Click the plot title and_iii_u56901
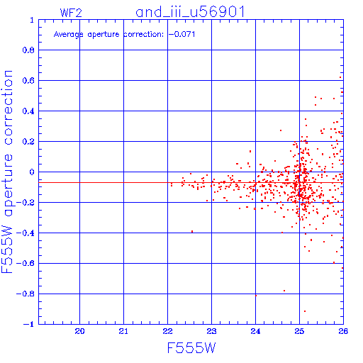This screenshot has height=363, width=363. click(x=190, y=12)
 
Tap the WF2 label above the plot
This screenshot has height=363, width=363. click(x=71, y=13)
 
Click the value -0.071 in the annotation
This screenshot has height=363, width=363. click(x=181, y=34)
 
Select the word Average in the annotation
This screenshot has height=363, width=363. click(x=68, y=35)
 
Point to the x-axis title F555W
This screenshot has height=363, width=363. click(x=191, y=348)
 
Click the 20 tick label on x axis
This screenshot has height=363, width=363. click(x=79, y=331)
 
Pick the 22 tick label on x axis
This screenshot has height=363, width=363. click(x=167, y=331)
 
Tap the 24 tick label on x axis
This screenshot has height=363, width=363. click(x=255, y=331)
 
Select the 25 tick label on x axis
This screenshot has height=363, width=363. click(x=299, y=331)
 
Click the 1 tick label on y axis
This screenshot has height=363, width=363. click(x=32, y=20)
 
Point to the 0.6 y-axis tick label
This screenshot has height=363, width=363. click(x=28, y=80)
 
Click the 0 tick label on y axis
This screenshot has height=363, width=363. click(x=32, y=172)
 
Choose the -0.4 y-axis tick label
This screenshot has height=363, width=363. click(x=26, y=233)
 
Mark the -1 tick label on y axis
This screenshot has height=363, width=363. click(x=28, y=324)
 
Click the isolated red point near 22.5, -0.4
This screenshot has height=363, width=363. click(x=192, y=232)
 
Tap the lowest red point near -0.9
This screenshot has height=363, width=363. click(x=305, y=311)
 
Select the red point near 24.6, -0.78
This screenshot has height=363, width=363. click(x=284, y=291)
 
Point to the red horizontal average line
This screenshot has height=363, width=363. click(x=191, y=183)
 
